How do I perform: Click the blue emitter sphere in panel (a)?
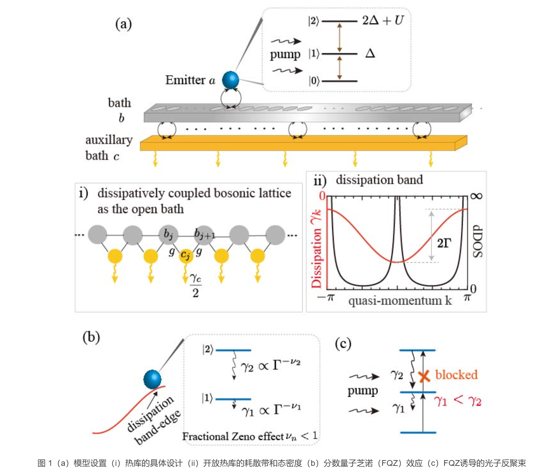(230, 80)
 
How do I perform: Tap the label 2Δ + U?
(383, 20)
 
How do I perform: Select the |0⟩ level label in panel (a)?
(314, 81)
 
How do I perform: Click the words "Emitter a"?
(190, 80)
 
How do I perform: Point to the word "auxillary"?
(109, 140)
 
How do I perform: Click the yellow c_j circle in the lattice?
(186, 255)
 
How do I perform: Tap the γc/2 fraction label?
(195, 285)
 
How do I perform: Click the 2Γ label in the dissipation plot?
(444, 243)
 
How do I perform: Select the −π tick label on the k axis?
(326, 298)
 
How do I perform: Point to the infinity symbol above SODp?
(476, 196)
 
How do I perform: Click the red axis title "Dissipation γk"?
(316, 249)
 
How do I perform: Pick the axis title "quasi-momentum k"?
(400, 301)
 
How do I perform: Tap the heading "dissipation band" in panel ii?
(379, 180)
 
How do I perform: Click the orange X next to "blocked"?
(424, 376)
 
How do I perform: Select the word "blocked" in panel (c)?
(456, 375)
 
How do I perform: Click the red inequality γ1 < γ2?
(458, 400)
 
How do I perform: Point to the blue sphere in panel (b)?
(152, 379)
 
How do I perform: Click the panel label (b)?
(91, 337)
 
